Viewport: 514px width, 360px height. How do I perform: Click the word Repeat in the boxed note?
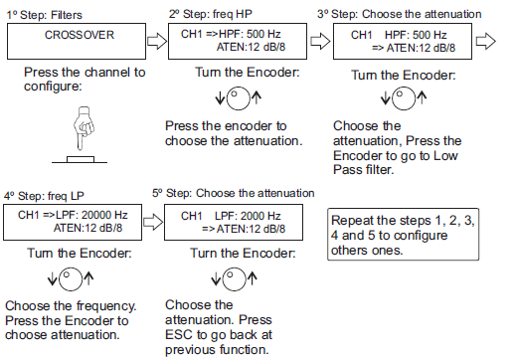[x=357, y=218]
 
